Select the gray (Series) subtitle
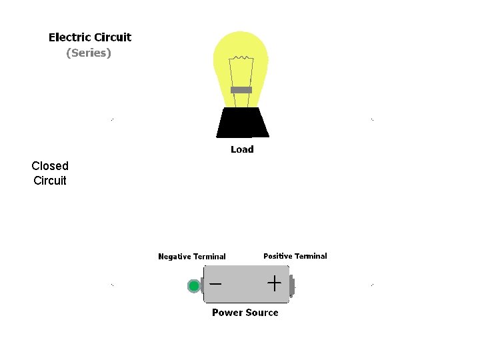(89, 53)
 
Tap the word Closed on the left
(50, 166)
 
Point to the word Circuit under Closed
(50, 181)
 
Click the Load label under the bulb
(242, 149)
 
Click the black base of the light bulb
(242, 123)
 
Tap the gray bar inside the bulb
(241, 90)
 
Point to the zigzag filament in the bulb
(241, 61)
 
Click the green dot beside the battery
(194, 286)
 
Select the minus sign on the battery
(215, 283)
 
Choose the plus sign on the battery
(274, 283)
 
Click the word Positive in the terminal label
(278, 256)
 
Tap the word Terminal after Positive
(311, 256)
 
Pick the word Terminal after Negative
(210, 257)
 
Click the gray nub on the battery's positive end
(292, 285)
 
